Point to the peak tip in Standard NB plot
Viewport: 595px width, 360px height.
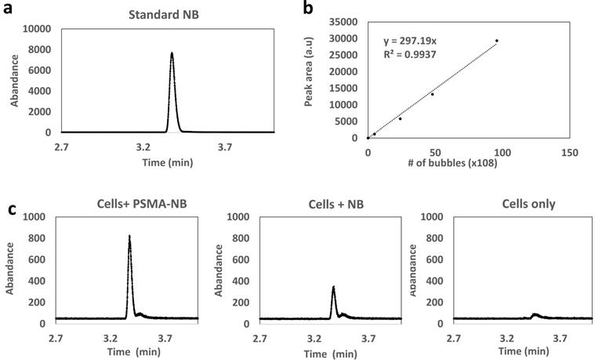click(x=172, y=53)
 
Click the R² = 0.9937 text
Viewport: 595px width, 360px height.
click(x=410, y=53)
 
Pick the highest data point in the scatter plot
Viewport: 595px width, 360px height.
click(x=496, y=41)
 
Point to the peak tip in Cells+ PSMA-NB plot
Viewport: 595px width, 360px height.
click(x=129, y=235)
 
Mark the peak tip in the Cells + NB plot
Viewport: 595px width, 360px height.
click(x=333, y=287)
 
